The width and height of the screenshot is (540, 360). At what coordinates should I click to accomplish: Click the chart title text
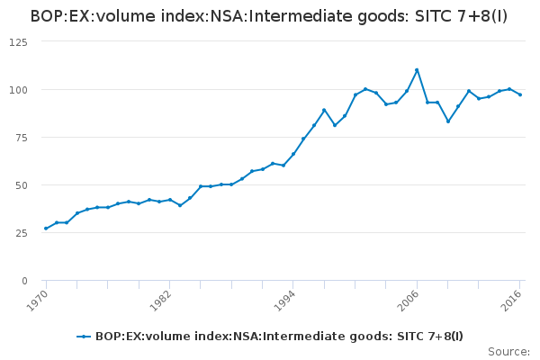[x=269, y=16]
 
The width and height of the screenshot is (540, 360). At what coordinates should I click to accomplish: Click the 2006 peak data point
[x=417, y=70]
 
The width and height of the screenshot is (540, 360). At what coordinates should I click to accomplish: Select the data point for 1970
[x=46, y=229]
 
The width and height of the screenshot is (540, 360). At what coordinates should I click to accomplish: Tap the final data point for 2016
[x=520, y=94]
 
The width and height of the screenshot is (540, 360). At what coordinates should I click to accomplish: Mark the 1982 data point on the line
[x=169, y=200]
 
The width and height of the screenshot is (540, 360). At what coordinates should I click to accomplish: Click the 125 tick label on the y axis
[x=19, y=42]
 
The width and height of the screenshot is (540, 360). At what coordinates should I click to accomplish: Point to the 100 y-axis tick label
[x=19, y=90]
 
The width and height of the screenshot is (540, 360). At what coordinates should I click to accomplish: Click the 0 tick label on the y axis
[x=24, y=281]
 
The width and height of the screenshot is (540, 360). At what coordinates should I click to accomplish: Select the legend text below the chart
[x=279, y=337]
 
